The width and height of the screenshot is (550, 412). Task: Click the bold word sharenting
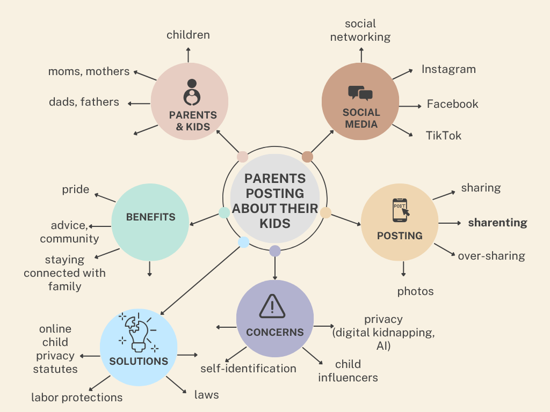(x=497, y=223)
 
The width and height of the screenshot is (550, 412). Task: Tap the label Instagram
(x=448, y=69)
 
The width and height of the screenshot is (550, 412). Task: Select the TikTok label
(x=444, y=135)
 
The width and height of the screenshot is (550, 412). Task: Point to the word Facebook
(x=452, y=104)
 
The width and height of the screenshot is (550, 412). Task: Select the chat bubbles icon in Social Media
(x=360, y=93)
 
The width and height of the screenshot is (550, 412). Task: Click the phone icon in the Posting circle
(x=400, y=210)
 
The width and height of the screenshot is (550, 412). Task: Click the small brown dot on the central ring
(x=307, y=157)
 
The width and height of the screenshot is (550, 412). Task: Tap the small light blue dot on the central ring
(x=243, y=242)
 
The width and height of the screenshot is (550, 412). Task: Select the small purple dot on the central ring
(x=275, y=251)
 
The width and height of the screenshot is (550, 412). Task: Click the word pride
(x=76, y=189)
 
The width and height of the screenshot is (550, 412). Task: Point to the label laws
(x=207, y=395)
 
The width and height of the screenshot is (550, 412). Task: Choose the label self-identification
(x=248, y=368)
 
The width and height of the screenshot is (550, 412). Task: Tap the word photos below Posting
(x=415, y=291)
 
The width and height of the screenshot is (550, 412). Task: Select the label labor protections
(x=77, y=398)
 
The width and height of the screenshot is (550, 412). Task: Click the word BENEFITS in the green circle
(x=151, y=217)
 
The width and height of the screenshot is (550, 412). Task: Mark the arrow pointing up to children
(x=188, y=55)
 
